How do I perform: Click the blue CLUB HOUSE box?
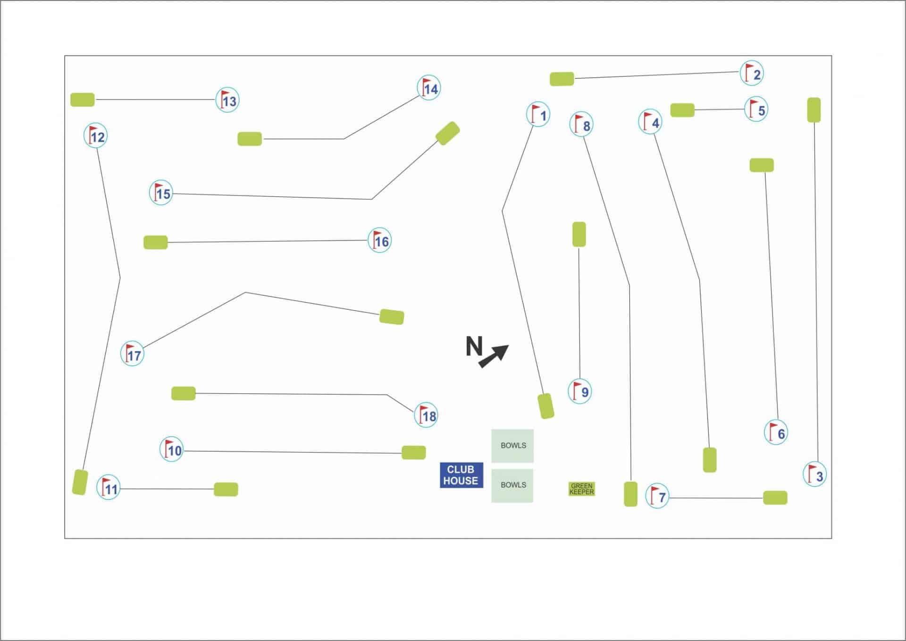pyautogui.click(x=461, y=475)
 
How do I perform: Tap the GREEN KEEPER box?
pyautogui.click(x=581, y=489)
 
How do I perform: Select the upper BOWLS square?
pyautogui.click(x=512, y=446)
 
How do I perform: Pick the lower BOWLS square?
pyautogui.click(x=512, y=486)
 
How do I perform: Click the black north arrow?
pyautogui.click(x=494, y=356)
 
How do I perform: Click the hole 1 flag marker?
pyautogui.click(x=538, y=114)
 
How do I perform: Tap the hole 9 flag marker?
pyautogui.click(x=580, y=391)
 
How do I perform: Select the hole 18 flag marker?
pyautogui.click(x=426, y=415)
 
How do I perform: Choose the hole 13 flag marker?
pyautogui.click(x=227, y=100)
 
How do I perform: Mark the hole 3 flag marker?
pyautogui.click(x=815, y=474)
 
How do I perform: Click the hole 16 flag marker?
pyautogui.click(x=380, y=241)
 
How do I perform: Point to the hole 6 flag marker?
pyautogui.click(x=776, y=432)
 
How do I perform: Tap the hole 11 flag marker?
pyautogui.click(x=109, y=488)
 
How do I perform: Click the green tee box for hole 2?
pyautogui.click(x=562, y=79)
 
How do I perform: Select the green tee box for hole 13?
pyautogui.click(x=83, y=100)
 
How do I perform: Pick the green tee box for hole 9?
pyautogui.click(x=579, y=234)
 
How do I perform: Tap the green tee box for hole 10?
pyautogui.click(x=414, y=452)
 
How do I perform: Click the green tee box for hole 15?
pyautogui.click(x=447, y=133)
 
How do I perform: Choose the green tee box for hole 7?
pyautogui.click(x=775, y=498)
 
